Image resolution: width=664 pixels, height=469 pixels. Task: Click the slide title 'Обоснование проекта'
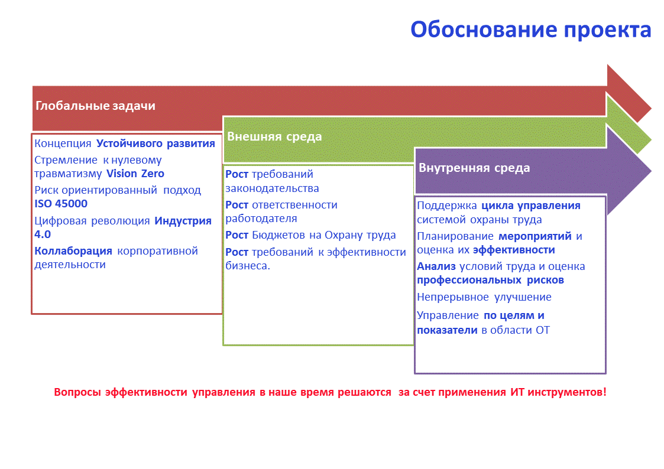[x=530, y=30]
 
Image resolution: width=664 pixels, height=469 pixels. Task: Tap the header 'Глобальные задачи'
[x=95, y=106]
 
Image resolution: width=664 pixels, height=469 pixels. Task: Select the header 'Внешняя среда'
[x=274, y=136]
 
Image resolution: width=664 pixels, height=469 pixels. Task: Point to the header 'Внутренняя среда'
[x=474, y=168]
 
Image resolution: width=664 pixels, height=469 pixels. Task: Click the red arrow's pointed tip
[x=652, y=108]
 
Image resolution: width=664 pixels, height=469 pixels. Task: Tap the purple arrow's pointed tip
[x=652, y=171]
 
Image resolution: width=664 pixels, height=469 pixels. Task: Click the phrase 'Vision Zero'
[x=135, y=174]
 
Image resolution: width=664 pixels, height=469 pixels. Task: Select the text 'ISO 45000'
[x=61, y=204]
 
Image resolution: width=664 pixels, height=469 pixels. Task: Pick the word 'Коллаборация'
[x=73, y=251]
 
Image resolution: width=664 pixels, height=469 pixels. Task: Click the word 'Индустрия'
[x=183, y=221]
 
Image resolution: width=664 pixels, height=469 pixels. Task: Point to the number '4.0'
[x=43, y=234]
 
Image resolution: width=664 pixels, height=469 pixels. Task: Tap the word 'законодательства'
[x=272, y=188]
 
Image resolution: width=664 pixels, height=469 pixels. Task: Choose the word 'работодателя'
[x=261, y=219]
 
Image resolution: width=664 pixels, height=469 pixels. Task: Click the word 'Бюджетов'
[x=278, y=235]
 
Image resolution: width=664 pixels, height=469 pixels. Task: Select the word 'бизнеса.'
[x=248, y=266]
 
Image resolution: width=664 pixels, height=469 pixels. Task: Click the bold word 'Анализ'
[x=436, y=266]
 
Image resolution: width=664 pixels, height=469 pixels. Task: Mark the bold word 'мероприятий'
[x=535, y=236]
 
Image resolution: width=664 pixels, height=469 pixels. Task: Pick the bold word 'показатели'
[x=447, y=330]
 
